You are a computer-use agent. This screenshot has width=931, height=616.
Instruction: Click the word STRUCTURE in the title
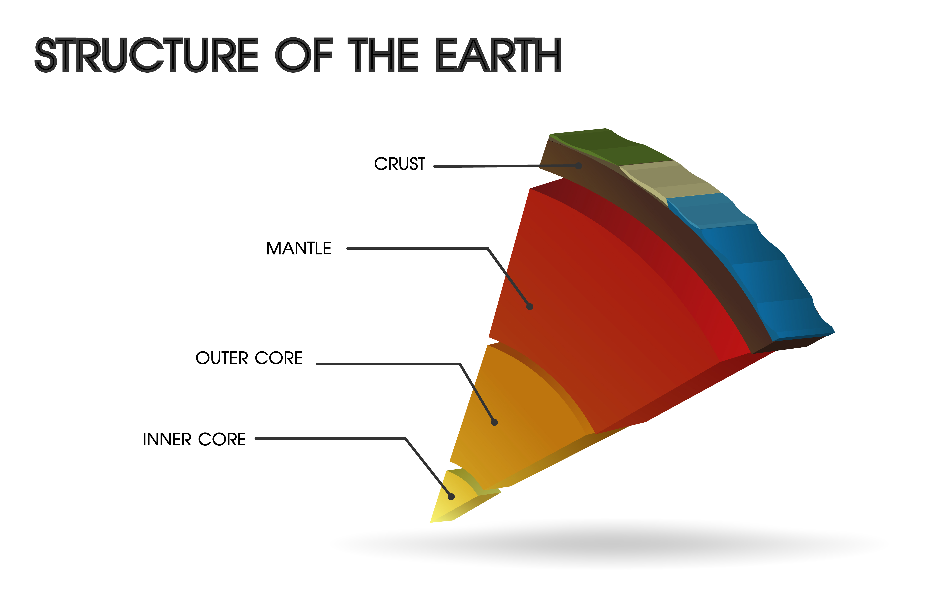tap(146, 55)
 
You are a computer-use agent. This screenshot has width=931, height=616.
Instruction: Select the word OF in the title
tap(304, 55)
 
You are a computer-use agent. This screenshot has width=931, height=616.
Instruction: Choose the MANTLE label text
tap(299, 248)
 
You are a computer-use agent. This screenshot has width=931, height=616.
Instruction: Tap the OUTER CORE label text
tap(249, 358)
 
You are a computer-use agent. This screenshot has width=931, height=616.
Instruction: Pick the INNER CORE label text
tap(194, 439)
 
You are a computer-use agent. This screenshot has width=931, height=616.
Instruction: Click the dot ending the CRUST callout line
tap(578, 166)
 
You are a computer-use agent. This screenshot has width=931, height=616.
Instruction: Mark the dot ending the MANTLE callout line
tap(530, 307)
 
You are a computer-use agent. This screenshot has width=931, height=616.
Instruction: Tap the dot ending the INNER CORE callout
tap(451, 497)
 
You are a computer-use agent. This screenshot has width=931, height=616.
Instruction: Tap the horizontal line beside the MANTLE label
tap(417, 248)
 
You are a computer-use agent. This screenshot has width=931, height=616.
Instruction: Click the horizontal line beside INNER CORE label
tap(330, 438)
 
